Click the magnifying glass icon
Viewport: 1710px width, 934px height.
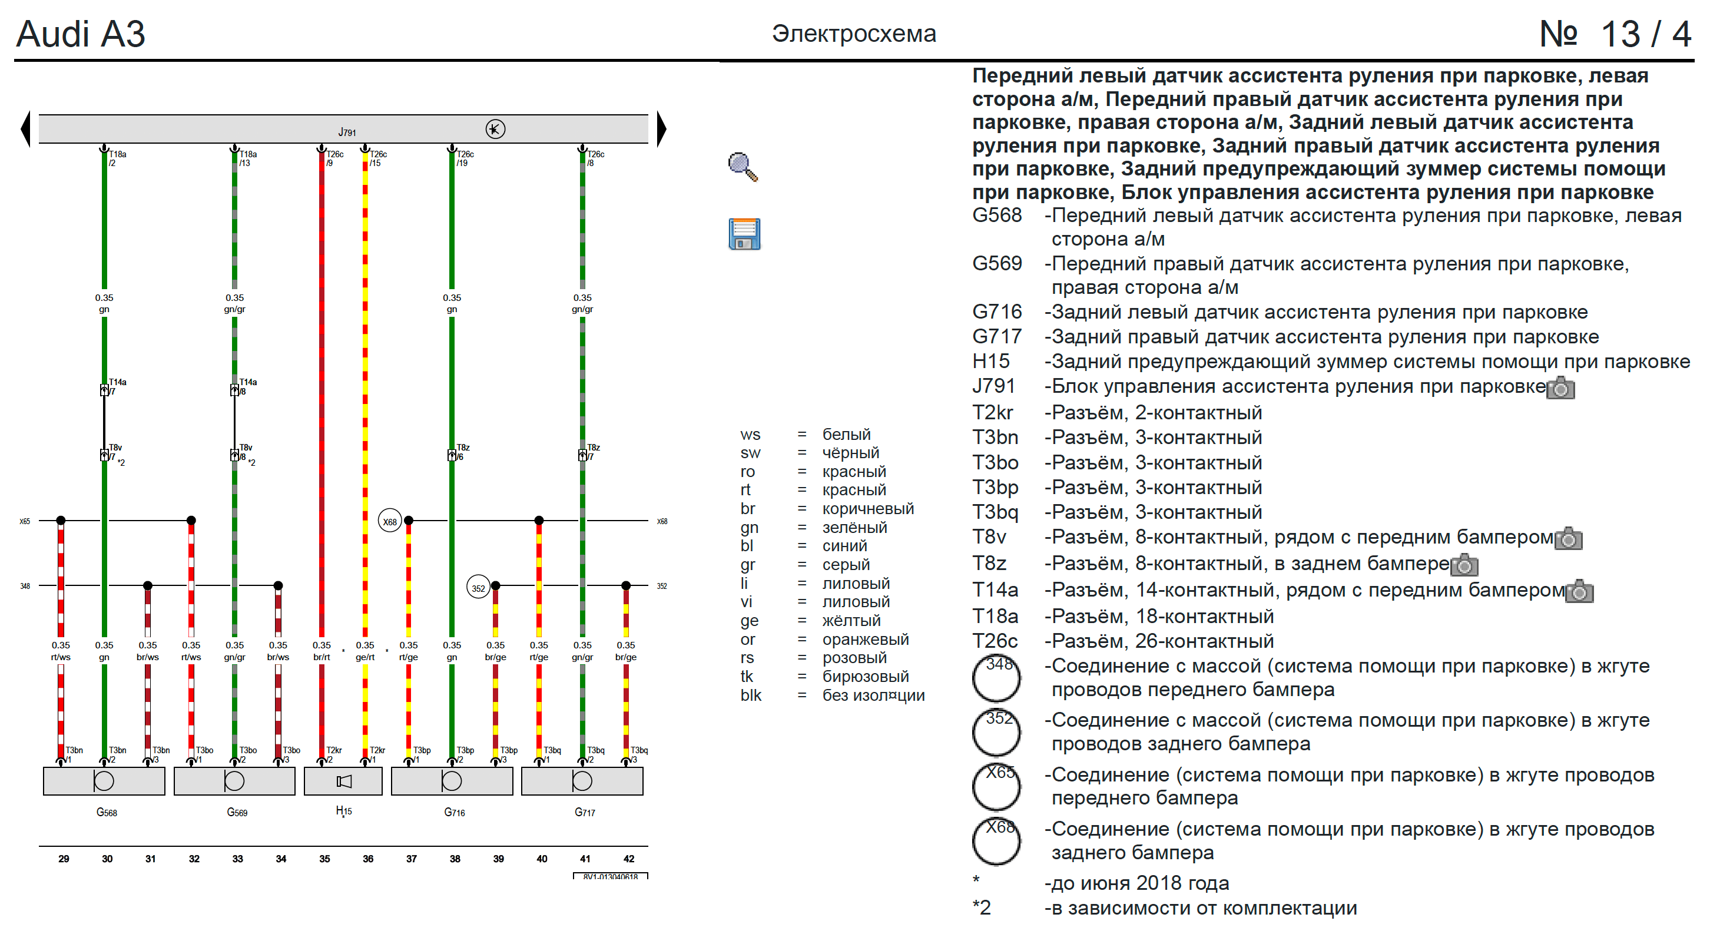pyautogui.click(x=743, y=167)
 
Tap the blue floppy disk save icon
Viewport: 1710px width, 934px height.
pyautogui.click(x=744, y=234)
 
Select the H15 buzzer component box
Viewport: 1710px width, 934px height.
pyautogui.click(x=343, y=781)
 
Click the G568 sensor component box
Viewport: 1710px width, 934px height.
pyautogui.click(x=104, y=781)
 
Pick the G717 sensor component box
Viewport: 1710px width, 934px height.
pyautogui.click(x=582, y=781)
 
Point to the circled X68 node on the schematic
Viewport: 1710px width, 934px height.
pyautogui.click(x=390, y=521)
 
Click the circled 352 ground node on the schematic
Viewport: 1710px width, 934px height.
pyautogui.click(x=478, y=588)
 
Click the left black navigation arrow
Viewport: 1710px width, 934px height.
pyautogui.click(x=26, y=129)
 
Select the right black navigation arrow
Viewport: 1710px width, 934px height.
pyautogui.click(x=661, y=129)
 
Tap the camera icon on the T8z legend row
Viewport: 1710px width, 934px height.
pyautogui.click(x=1464, y=565)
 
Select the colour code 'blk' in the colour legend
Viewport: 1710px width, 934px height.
pyautogui.click(x=751, y=695)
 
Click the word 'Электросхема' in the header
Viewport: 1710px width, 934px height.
pyautogui.click(x=854, y=33)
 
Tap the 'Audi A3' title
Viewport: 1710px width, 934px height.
pyautogui.click(x=80, y=34)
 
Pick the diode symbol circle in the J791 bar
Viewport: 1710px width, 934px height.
pyautogui.click(x=495, y=129)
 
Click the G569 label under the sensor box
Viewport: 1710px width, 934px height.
pyautogui.click(x=237, y=812)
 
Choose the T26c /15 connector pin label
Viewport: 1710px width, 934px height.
pyautogui.click(x=377, y=158)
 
